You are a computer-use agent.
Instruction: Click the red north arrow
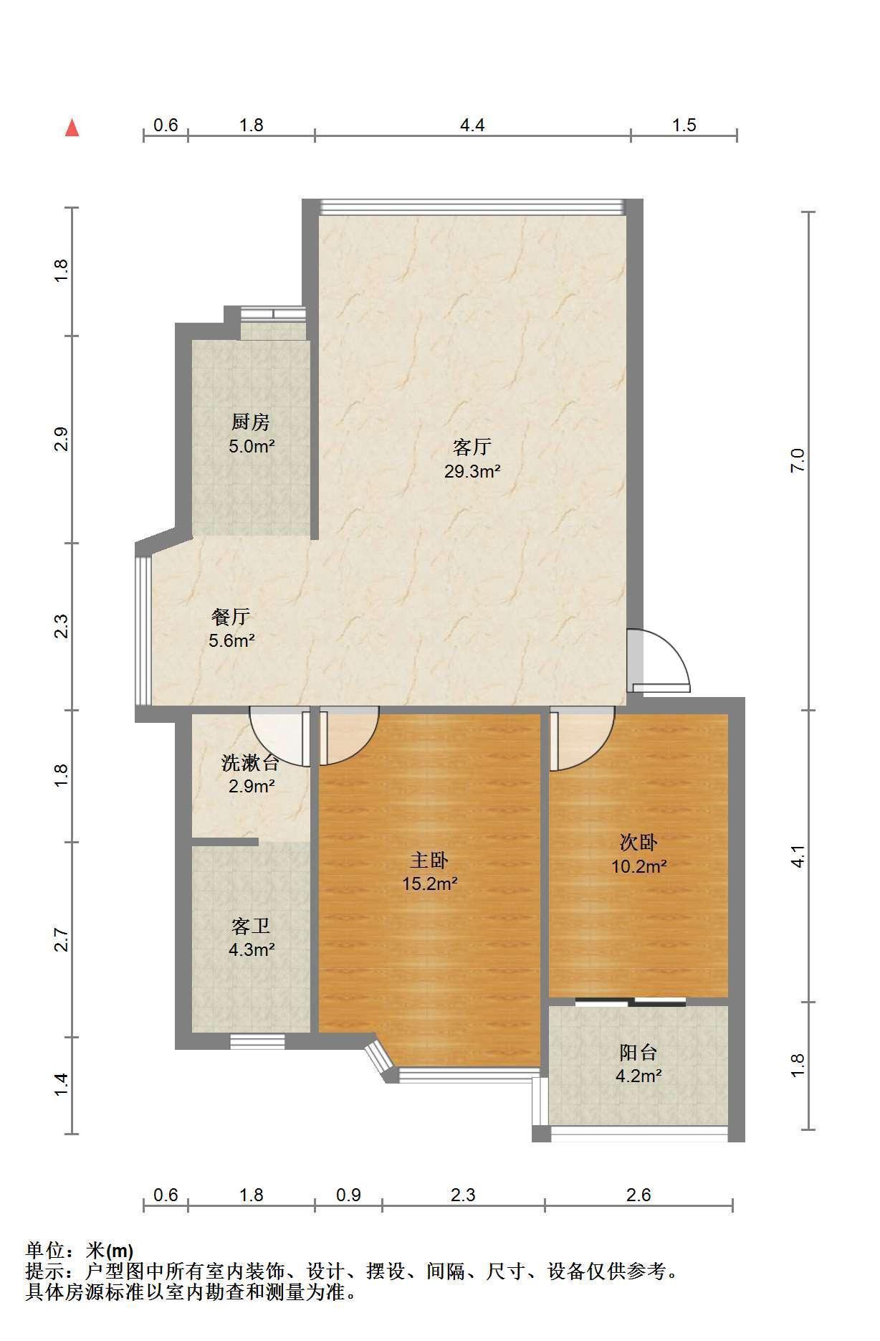72,128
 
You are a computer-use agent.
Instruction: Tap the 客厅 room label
472,447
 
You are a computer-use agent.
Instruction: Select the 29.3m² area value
472,472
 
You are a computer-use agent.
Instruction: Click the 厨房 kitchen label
251,422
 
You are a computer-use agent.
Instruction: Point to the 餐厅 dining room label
231,616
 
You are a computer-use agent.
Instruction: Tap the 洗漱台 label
250,762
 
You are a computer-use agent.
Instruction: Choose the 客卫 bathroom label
251,926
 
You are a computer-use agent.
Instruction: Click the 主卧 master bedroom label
429,859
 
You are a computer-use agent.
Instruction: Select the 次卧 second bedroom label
639,841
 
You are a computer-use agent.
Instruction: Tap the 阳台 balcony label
638,1052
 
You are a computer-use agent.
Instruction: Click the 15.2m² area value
429,883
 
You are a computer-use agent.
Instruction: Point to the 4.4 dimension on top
472,125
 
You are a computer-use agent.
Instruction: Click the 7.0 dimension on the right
798,460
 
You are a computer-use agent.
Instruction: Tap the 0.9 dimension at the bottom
348,1195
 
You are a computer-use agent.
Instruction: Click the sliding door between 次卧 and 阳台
630,1002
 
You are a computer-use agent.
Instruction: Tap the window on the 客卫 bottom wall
257,1041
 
